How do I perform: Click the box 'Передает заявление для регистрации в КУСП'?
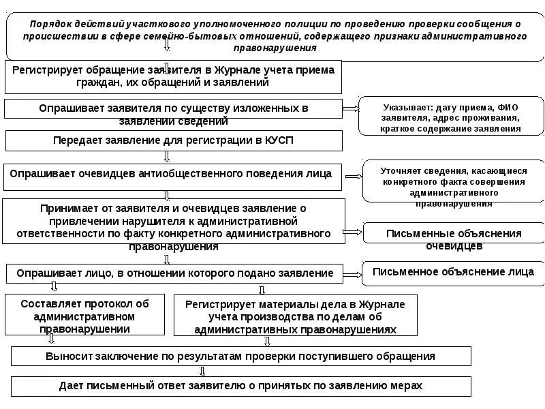click(174, 140)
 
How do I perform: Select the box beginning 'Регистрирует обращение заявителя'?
click(174, 76)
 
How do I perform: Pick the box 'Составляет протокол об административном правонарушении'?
click(85, 315)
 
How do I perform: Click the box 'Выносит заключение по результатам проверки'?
click(241, 356)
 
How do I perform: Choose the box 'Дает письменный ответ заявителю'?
click(241, 386)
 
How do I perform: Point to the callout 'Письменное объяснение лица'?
click(453, 272)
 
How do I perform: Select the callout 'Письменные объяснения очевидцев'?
click(453, 234)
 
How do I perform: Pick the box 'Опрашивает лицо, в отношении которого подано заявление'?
click(174, 273)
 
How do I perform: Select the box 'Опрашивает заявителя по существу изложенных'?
click(174, 109)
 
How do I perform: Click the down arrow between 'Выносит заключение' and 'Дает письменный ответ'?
click(202, 371)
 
